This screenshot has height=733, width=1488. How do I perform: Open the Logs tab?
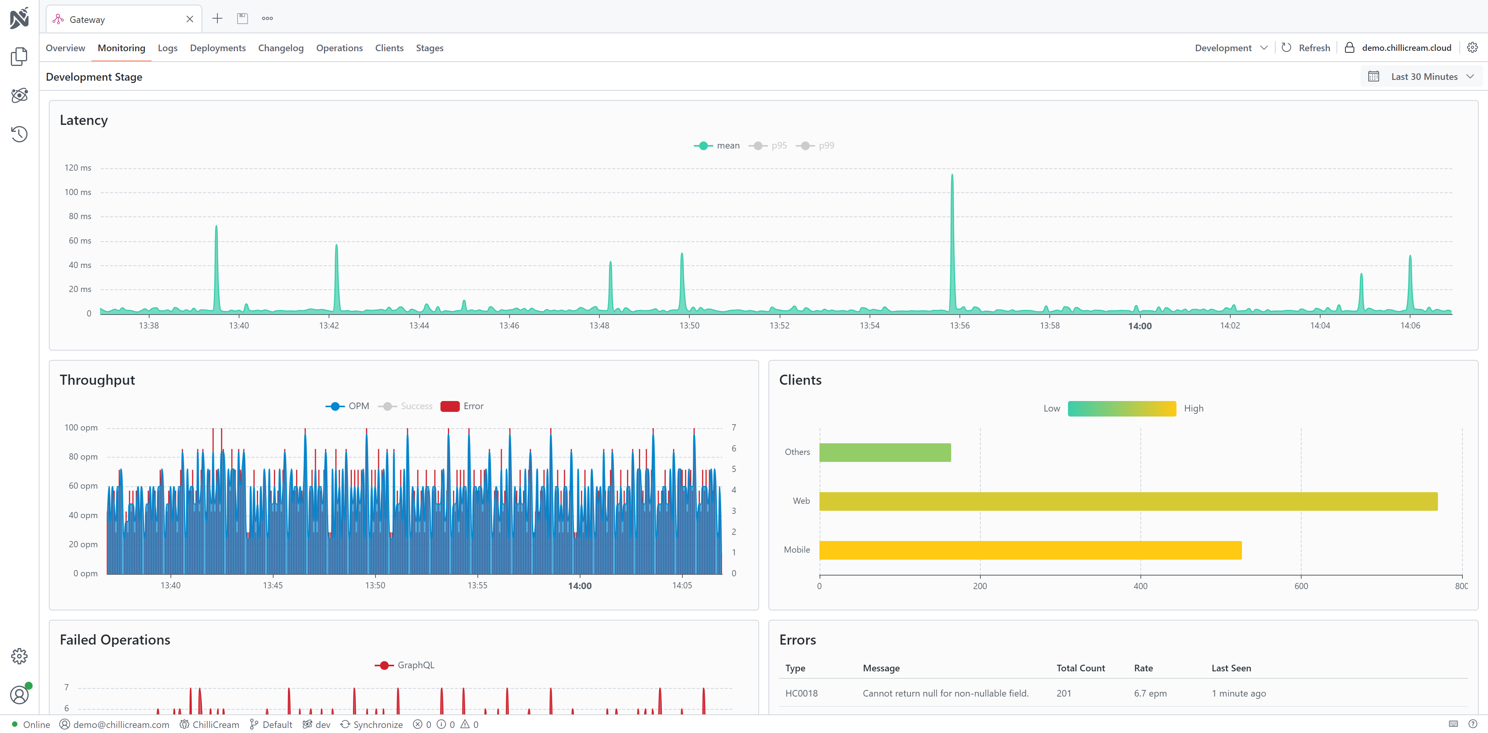(167, 48)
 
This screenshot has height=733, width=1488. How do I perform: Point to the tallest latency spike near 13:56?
(952, 177)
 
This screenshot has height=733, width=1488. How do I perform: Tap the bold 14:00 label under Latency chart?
(1139, 326)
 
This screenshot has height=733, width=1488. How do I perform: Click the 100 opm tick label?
(81, 428)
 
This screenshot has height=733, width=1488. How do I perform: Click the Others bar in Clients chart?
(884, 453)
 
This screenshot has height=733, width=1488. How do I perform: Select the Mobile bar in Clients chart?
(1030, 550)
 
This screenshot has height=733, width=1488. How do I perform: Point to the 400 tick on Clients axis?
(1140, 586)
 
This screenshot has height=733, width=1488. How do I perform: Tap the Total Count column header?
(1080, 668)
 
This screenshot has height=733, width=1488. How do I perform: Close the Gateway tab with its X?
(189, 19)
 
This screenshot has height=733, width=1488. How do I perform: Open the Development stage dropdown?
(1230, 48)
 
